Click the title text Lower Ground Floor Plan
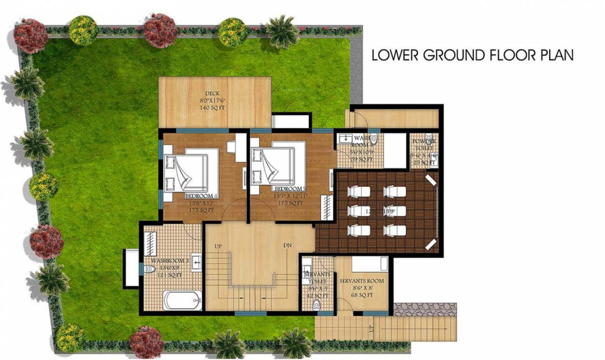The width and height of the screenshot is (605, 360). [x=472, y=55]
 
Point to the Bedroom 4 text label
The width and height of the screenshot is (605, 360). [x=201, y=196]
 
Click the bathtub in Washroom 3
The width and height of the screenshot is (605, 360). [x=182, y=300]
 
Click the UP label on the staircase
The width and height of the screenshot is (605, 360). [x=218, y=246]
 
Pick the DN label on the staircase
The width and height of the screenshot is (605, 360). [x=287, y=246]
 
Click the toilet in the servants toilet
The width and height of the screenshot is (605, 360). [x=317, y=305]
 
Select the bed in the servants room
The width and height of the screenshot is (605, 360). [x=370, y=264]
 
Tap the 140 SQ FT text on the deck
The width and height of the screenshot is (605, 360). [x=212, y=107]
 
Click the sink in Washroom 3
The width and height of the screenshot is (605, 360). [x=197, y=261]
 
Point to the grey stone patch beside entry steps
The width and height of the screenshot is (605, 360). [x=424, y=309]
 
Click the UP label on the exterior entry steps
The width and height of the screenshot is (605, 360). [x=372, y=329]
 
